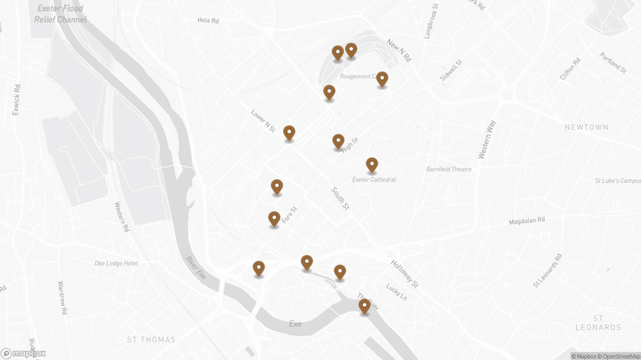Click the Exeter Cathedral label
click(374, 179)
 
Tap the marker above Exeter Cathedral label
click(372, 165)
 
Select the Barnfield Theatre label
click(449, 169)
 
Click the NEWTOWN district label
click(586, 127)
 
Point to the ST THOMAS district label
click(151, 340)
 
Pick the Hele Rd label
click(208, 20)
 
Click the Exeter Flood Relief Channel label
click(60, 14)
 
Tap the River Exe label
click(196, 268)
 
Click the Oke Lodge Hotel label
click(116, 263)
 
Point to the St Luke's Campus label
click(617, 181)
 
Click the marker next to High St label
click(339, 141)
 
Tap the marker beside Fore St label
click(274, 219)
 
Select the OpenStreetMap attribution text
click(618, 355)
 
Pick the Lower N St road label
click(262, 121)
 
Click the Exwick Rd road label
click(16, 99)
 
